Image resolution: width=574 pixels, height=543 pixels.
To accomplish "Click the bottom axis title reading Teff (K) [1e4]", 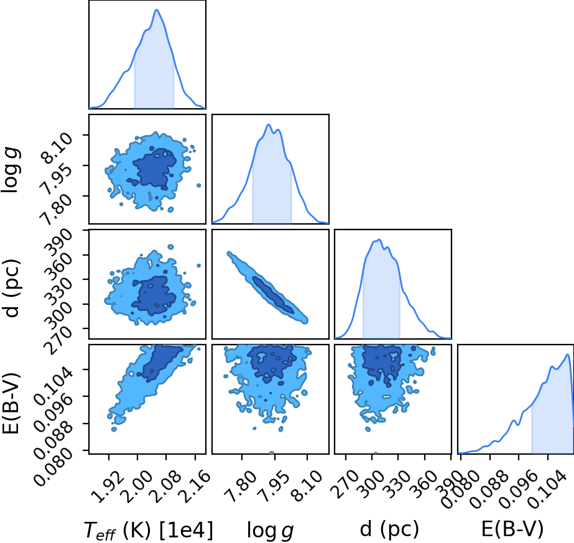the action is pyautogui.click(x=148, y=530).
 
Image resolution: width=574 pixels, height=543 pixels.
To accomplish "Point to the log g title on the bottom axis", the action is pyautogui.click(x=270, y=530).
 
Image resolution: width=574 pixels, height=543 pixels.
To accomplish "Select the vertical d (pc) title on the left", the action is pyautogui.click(x=11, y=289).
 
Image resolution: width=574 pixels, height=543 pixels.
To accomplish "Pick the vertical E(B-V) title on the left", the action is pyautogui.click(x=11, y=404).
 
